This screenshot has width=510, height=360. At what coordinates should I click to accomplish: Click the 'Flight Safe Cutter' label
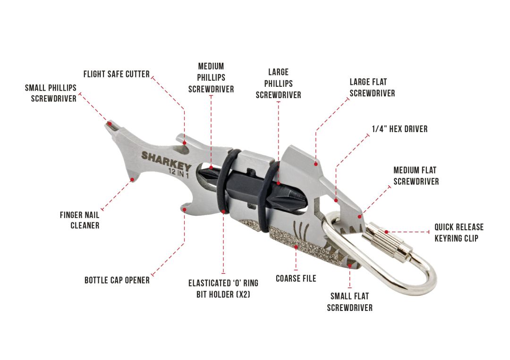coord(117,74)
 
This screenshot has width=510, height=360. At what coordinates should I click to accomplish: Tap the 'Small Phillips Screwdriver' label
coord(51,93)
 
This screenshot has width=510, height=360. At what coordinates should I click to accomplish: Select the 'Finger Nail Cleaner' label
coord(80,220)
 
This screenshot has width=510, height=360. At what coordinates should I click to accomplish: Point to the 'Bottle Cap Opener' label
coord(117,280)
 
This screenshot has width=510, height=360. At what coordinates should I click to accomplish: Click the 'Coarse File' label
coord(296,278)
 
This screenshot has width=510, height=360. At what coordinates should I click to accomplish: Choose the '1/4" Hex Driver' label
coord(400,129)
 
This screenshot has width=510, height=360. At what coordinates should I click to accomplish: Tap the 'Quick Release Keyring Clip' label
coord(459,233)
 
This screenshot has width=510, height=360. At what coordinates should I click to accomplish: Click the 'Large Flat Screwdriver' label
coord(372,87)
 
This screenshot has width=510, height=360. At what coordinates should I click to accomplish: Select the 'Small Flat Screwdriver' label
coord(349,302)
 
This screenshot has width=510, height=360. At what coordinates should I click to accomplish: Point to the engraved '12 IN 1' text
coord(178,173)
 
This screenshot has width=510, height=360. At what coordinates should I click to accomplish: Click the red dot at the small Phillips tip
coord(110,124)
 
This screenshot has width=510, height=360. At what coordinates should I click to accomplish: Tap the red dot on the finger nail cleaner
coord(132,179)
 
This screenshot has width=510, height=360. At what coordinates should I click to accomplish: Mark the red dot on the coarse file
coord(296,247)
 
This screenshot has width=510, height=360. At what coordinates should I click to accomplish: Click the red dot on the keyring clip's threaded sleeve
coord(386,232)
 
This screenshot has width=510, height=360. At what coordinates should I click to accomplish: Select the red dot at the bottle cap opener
coord(185,209)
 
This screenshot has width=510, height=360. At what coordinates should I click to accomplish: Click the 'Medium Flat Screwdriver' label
coord(416,176)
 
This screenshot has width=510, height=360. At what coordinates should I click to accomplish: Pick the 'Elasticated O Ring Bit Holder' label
coord(223,289)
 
